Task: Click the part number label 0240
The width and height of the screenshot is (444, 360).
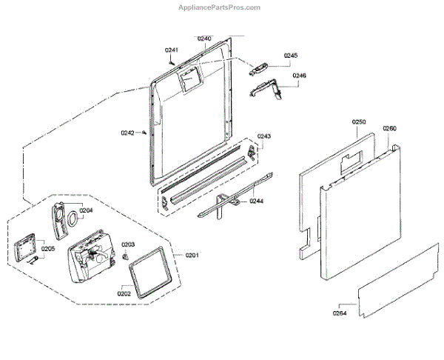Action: point(205,39)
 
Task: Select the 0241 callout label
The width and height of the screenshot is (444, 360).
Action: point(171,50)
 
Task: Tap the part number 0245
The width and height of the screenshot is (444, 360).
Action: point(290,56)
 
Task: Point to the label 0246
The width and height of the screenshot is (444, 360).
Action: point(299,76)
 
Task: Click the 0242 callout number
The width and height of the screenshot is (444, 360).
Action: point(128,133)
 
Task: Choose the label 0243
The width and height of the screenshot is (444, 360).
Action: point(264,136)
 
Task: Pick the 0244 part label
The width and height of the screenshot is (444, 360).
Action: point(255,201)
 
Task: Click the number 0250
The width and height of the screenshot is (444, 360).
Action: point(360,121)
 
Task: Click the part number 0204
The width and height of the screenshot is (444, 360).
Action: point(86,210)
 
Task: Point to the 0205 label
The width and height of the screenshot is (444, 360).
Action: point(48,249)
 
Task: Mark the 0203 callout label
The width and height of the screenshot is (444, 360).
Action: point(127,244)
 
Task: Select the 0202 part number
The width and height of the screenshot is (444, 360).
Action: point(124,293)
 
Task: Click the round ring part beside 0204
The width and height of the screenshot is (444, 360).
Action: point(73,219)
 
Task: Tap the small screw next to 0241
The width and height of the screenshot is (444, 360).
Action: point(172,62)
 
